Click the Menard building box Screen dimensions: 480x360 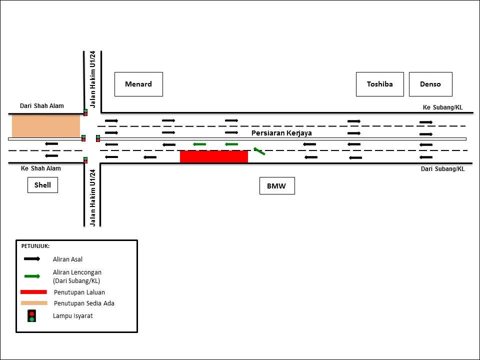(x=138, y=84)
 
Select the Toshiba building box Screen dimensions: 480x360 (x=380, y=84)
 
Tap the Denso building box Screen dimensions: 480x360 (x=430, y=84)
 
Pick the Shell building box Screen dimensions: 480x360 (x=42, y=185)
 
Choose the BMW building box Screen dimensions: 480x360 (x=277, y=186)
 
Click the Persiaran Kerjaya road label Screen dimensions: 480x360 (x=281, y=133)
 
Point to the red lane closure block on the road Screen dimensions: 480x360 (x=214, y=156)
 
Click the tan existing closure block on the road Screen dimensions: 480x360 (x=46, y=126)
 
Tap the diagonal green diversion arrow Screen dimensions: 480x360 (x=259, y=151)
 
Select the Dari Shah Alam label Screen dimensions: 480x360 (x=42, y=106)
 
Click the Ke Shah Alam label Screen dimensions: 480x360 (x=40, y=168)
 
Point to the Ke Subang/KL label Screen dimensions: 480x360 (x=442, y=107)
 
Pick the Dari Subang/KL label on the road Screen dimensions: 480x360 (x=442, y=169)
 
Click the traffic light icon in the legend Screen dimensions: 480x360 (x=31, y=316)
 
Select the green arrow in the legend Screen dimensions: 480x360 (x=32, y=276)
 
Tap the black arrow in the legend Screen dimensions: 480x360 (x=32, y=259)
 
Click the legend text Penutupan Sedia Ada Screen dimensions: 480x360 (x=84, y=303)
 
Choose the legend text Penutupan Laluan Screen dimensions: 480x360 (x=79, y=292)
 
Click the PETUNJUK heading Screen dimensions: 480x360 (x=35, y=246)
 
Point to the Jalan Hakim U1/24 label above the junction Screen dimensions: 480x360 (x=93, y=79)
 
